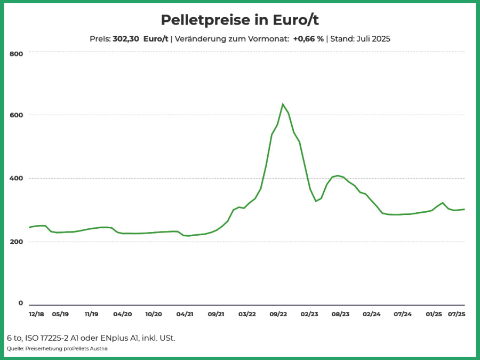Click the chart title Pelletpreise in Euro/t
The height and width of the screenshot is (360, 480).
click(x=239, y=20)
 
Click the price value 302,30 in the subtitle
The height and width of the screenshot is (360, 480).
click(x=126, y=39)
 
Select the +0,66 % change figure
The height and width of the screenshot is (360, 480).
click(x=308, y=39)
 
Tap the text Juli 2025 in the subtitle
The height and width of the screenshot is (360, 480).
click(x=373, y=39)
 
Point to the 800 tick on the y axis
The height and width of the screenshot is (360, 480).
click(x=17, y=54)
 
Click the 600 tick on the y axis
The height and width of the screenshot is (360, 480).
click(x=17, y=115)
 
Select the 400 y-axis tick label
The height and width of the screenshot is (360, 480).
click(x=17, y=178)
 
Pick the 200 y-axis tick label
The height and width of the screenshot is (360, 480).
click(x=17, y=242)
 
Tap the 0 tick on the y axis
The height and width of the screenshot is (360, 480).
click(x=20, y=303)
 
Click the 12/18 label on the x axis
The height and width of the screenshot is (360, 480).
click(x=36, y=314)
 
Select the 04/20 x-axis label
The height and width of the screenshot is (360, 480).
click(x=123, y=314)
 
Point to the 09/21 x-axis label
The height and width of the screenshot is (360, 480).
click(x=216, y=314)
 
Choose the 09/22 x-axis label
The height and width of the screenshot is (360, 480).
click(x=278, y=314)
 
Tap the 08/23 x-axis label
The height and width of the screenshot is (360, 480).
click(x=340, y=314)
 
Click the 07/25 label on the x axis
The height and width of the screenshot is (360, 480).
click(x=457, y=314)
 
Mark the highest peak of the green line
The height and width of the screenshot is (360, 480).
click(x=283, y=104)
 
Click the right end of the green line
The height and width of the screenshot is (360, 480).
click(x=465, y=210)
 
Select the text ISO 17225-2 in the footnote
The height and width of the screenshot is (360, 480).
click(x=46, y=338)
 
